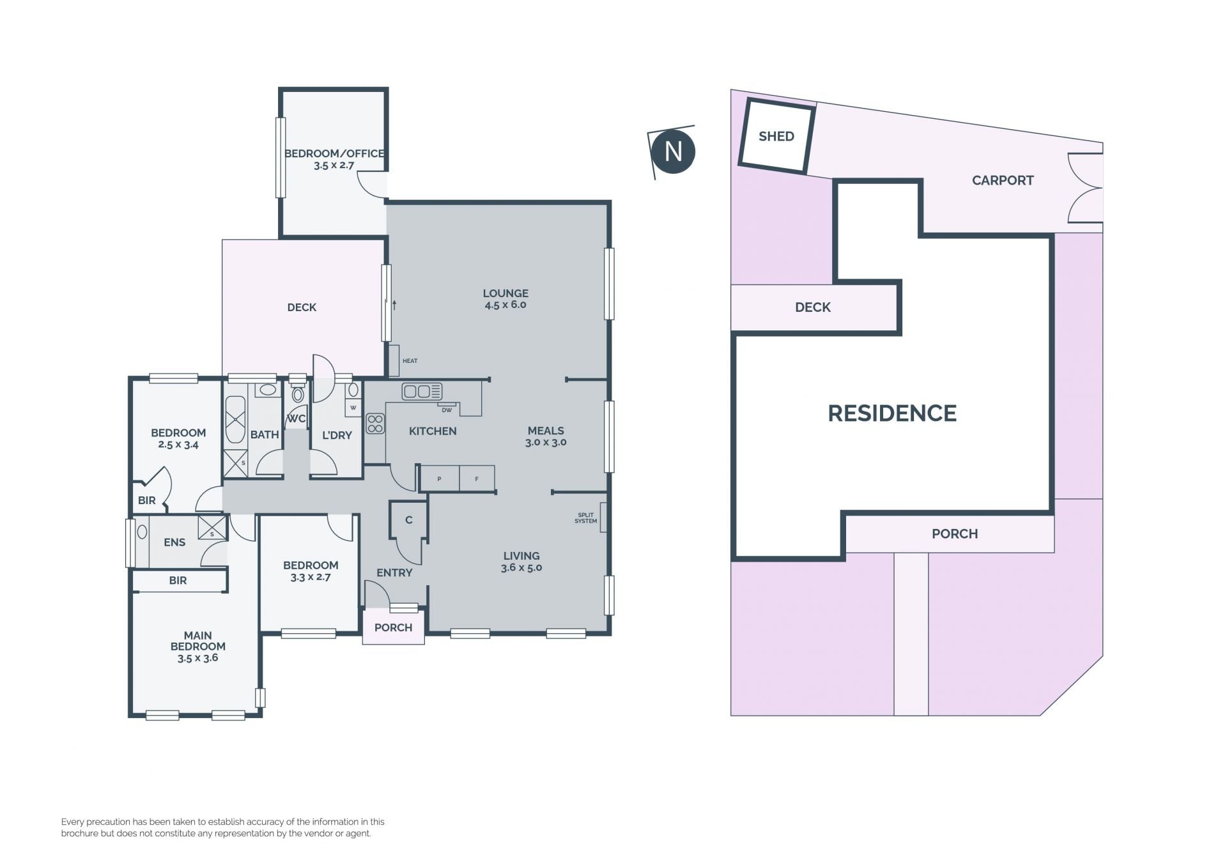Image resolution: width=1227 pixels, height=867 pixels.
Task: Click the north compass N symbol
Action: coord(673,151)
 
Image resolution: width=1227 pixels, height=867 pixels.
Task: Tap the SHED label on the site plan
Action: coord(776,136)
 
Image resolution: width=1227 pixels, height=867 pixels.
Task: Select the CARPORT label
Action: coord(1002,180)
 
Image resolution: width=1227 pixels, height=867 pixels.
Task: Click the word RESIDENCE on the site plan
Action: coord(892,413)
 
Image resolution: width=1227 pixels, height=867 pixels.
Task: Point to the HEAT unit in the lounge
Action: coord(394,361)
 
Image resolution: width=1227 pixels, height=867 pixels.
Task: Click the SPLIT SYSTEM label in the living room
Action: coord(585,518)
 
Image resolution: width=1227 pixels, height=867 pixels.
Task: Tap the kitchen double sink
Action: coord(422,391)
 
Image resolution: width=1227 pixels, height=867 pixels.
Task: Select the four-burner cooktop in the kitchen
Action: coord(375,424)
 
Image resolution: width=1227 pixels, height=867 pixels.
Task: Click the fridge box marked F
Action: coord(477,479)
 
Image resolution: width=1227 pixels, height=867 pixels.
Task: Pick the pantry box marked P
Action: coord(440,479)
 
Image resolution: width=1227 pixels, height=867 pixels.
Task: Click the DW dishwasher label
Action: coord(447,410)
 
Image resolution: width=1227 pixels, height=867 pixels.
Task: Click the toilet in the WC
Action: coord(297,392)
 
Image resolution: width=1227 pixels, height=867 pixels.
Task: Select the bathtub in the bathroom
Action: coord(235,420)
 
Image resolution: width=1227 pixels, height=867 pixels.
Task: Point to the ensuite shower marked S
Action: coord(212,528)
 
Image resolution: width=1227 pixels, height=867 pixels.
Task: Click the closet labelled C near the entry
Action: coord(409,520)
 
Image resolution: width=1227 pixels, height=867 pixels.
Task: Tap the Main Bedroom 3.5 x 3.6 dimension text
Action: coord(198,657)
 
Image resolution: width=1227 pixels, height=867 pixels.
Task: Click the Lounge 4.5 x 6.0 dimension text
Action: coord(505,305)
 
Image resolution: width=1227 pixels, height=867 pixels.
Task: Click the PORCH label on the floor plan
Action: coord(393,627)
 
